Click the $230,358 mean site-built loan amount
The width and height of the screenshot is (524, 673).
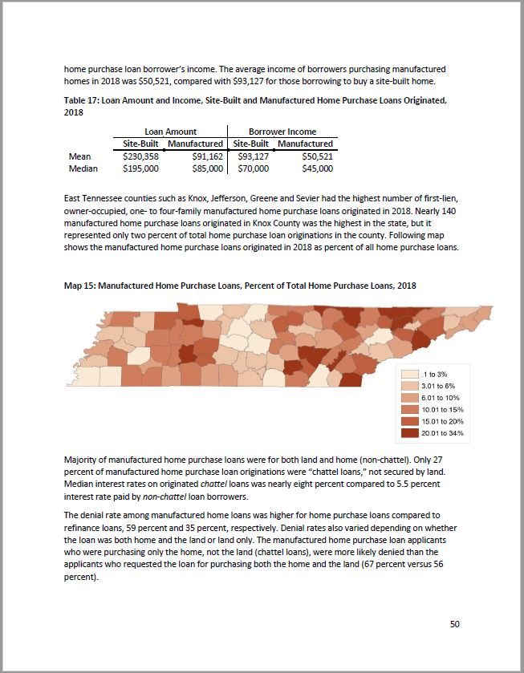(x=140, y=156)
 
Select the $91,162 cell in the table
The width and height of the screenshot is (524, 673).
(x=208, y=156)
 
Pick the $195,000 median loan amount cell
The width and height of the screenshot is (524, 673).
(x=140, y=169)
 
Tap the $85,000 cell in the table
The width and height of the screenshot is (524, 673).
(x=208, y=169)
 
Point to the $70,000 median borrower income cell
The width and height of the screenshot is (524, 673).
(x=253, y=169)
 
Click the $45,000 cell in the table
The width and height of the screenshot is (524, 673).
(x=317, y=169)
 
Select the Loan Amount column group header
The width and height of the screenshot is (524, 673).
(x=170, y=132)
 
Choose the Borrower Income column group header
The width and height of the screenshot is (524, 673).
(x=282, y=132)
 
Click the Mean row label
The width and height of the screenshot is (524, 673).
(x=80, y=156)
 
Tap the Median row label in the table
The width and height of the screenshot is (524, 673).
(x=83, y=169)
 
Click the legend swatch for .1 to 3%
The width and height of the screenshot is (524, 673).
(x=409, y=374)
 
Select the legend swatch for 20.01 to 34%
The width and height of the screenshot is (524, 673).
(x=409, y=433)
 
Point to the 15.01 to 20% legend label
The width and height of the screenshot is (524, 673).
(x=442, y=421)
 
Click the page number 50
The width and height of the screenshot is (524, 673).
(x=454, y=624)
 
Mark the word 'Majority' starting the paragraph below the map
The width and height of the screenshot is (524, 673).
(x=81, y=460)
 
